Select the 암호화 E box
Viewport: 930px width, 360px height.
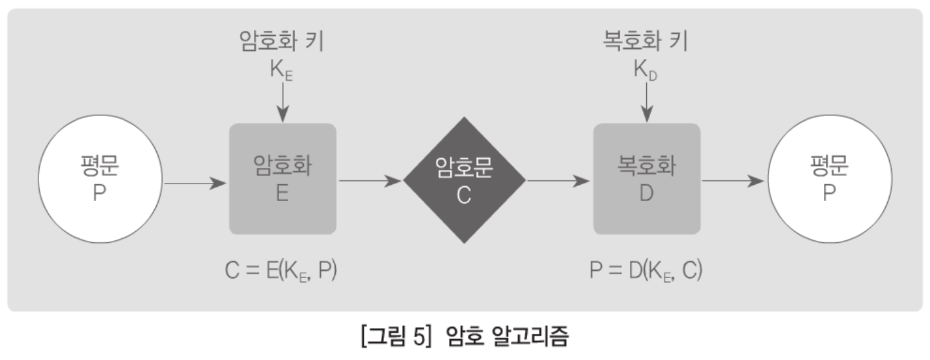pyautogui.click(x=282, y=179)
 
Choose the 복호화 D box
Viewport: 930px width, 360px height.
pyautogui.click(x=646, y=179)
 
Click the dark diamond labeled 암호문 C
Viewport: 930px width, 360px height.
pyautogui.click(x=464, y=180)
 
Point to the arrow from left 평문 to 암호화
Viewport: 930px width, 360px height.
pyautogui.click(x=195, y=182)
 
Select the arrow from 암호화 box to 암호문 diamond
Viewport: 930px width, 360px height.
pyautogui.click(x=370, y=181)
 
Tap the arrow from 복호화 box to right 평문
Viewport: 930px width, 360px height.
pyautogui.click(x=733, y=181)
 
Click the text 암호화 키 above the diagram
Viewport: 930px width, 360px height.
pyautogui.click(x=282, y=42)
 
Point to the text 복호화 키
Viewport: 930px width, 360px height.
pyautogui.click(x=646, y=42)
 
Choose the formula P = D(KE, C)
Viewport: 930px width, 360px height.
pyautogui.click(x=646, y=270)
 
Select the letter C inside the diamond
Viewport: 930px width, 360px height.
pyautogui.click(x=463, y=195)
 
